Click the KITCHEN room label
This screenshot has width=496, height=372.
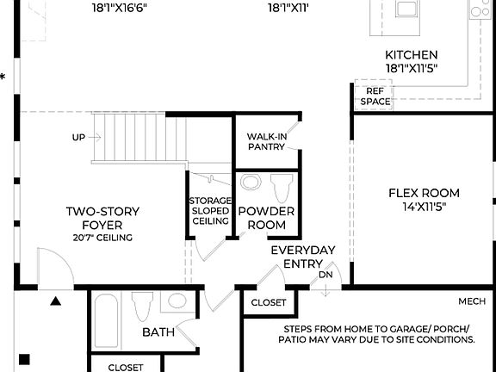411,54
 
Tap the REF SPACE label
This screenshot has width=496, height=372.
375,96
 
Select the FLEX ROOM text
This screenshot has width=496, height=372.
423,193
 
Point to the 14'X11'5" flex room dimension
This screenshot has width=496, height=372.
423,207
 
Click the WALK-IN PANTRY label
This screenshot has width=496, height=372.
266,141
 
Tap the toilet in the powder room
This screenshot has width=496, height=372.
281,188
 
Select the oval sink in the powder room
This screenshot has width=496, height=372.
251,183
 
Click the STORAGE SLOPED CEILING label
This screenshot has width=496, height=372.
210,211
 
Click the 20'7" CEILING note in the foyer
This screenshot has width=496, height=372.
102,237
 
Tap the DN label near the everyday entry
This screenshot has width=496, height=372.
325,275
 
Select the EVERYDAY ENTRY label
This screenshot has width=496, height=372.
302,257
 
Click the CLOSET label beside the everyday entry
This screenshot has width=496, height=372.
269,303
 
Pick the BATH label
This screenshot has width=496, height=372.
158,332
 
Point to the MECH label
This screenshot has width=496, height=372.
472,301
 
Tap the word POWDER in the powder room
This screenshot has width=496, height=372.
266,211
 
